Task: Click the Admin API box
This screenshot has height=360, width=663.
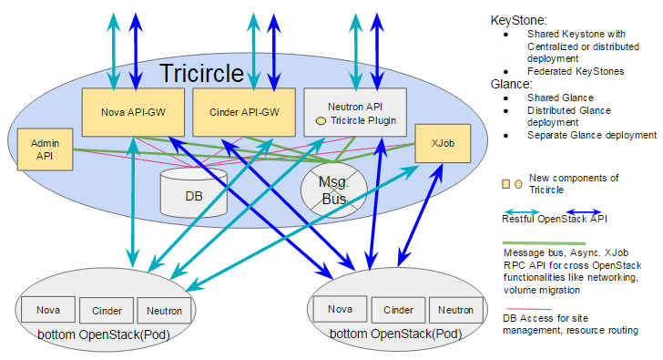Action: tap(45, 149)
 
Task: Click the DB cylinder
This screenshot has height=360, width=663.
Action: tap(192, 192)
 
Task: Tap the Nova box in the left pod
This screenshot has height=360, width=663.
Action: tap(49, 310)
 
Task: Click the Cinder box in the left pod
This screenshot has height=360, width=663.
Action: tap(107, 310)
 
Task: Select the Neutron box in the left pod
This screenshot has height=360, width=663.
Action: tap(164, 310)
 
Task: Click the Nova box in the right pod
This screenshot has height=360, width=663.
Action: tap(340, 309)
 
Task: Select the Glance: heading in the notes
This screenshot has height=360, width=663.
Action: tap(512, 84)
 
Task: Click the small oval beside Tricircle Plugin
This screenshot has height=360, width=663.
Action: tap(321, 120)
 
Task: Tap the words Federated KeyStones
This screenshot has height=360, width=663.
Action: tap(576, 71)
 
